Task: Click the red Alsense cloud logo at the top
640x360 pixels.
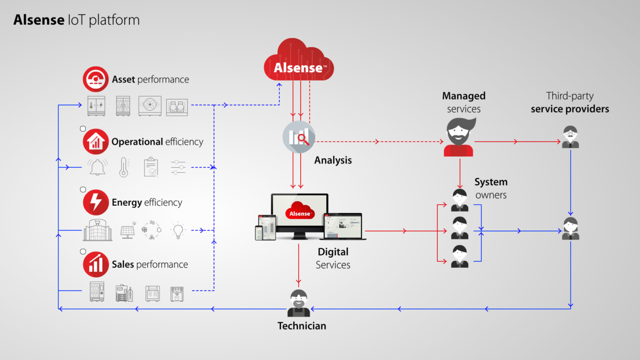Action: pyautogui.click(x=298, y=60)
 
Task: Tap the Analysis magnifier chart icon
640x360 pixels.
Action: pyautogui.click(x=299, y=137)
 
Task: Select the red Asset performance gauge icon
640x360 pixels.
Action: pyautogui.click(x=95, y=79)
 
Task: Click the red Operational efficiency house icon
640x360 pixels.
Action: pyautogui.click(x=95, y=141)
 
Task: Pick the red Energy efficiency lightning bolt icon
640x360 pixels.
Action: pyautogui.click(x=95, y=202)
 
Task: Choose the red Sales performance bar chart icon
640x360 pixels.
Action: pyautogui.click(x=95, y=265)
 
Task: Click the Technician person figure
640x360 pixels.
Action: pyautogui.click(x=298, y=303)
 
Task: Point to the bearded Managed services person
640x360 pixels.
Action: pyautogui.click(x=459, y=137)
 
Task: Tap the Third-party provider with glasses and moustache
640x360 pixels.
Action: pyautogui.click(x=570, y=137)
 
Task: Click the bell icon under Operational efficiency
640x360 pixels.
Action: pyautogui.click(x=98, y=167)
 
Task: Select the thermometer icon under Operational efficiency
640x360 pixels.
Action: pyautogui.click(x=124, y=167)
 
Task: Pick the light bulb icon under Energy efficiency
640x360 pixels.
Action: pyautogui.click(x=178, y=230)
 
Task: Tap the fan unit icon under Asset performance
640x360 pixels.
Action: pyautogui.click(x=150, y=106)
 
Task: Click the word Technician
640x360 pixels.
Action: pyautogui.click(x=302, y=326)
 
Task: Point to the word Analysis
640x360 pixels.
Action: pyautogui.click(x=333, y=160)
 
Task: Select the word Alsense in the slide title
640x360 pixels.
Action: pyautogui.click(x=39, y=20)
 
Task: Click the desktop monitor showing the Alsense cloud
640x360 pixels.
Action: pyautogui.click(x=299, y=216)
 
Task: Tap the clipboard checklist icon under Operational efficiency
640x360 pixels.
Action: pyautogui.click(x=151, y=167)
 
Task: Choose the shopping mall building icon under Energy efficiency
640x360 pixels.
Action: pyautogui.click(x=98, y=230)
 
